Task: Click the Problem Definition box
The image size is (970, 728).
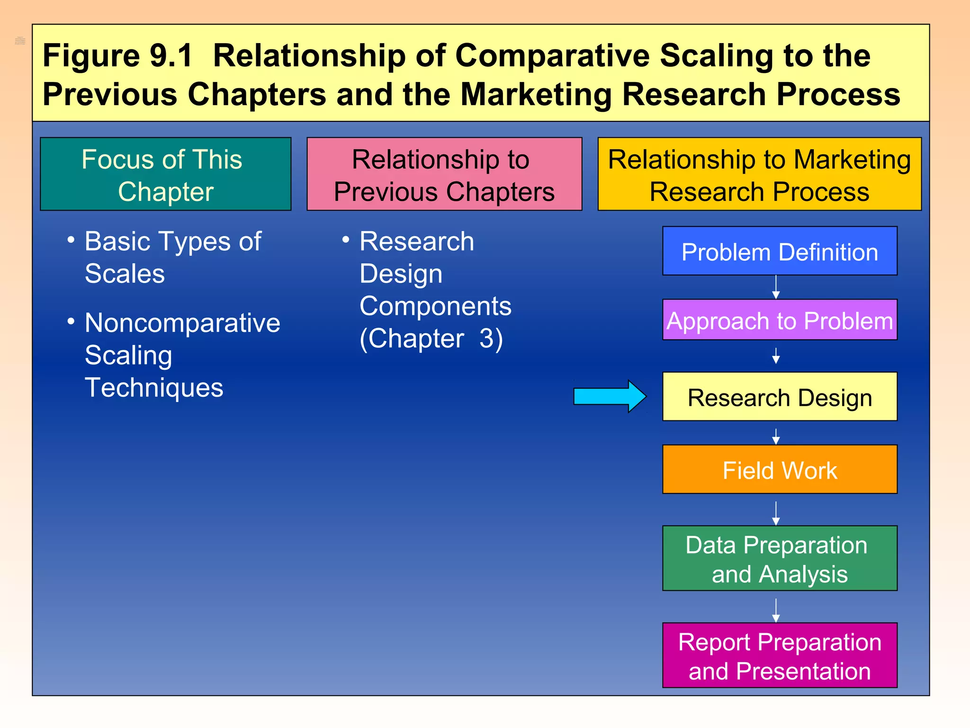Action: coord(780,251)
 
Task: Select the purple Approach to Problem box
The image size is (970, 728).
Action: coord(780,320)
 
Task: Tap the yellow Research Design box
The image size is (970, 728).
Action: coord(780,397)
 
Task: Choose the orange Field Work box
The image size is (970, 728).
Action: coord(780,469)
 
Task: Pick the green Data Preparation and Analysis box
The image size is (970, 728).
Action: coord(780,558)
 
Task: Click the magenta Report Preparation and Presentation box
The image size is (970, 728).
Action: coord(780,655)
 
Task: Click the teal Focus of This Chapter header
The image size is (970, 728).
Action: coord(166,174)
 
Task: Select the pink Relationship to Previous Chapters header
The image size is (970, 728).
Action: coord(444,174)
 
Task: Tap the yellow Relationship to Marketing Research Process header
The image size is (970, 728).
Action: coord(759,174)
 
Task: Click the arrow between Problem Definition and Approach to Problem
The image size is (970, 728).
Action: coord(776,287)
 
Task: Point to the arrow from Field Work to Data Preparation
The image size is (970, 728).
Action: coord(776,513)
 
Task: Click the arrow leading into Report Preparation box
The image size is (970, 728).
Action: coord(776,610)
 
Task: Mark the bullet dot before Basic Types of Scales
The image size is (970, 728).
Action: coord(71,240)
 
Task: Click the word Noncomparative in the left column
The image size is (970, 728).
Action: coord(182,323)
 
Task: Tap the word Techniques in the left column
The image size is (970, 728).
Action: coord(154,388)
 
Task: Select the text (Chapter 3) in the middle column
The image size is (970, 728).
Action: coord(431,339)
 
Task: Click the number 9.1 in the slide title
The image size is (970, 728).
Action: coord(171,55)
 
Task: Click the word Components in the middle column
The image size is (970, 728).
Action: coord(435,306)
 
